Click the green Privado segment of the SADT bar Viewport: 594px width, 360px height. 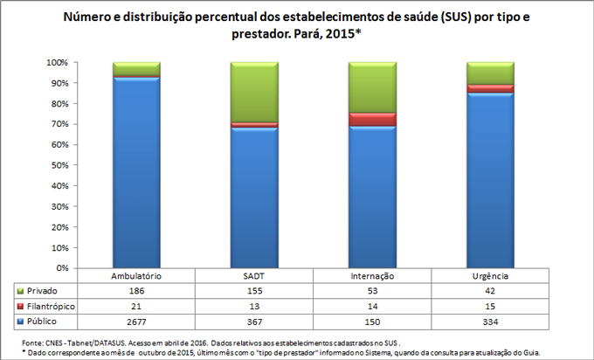[x=254, y=92]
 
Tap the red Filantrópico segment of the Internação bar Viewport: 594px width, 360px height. [x=372, y=119]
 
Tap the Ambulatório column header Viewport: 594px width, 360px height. [x=136, y=276]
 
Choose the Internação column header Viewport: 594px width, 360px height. [x=372, y=276]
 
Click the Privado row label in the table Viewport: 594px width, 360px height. [x=44, y=290]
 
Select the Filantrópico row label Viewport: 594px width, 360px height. [x=50, y=306]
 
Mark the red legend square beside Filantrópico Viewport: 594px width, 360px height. [x=20, y=306]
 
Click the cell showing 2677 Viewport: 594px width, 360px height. [x=136, y=322]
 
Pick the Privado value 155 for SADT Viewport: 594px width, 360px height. [x=254, y=290]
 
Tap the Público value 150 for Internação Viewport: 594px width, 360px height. [x=372, y=322]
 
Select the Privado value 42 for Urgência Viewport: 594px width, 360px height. [x=490, y=290]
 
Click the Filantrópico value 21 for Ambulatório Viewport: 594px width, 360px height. [x=136, y=306]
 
